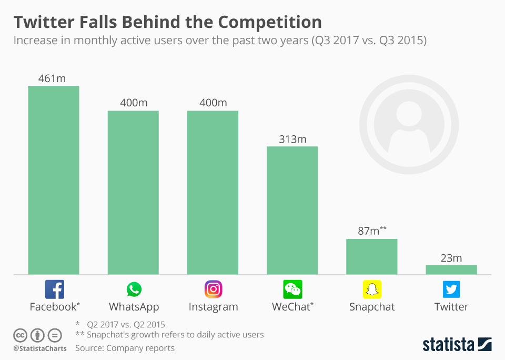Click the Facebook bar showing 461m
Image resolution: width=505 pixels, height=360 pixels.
pyautogui.click(x=54, y=180)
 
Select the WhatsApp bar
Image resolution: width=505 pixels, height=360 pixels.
pyautogui.click(x=133, y=193)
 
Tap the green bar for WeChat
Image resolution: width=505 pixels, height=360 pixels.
pyautogui.click(x=292, y=211)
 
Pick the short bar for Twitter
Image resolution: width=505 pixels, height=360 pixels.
pyautogui.click(x=451, y=269)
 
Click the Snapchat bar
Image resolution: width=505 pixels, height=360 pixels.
pyautogui.click(x=371, y=257)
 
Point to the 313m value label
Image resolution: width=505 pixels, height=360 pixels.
pyautogui.click(x=292, y=139)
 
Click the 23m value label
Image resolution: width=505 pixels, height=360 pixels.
pyautogui.click(x=451, y=258)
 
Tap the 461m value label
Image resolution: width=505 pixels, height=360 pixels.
pyautogui.click(x=53, y=78)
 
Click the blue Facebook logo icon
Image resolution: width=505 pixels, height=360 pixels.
pyautogui.click(x=54, y=289)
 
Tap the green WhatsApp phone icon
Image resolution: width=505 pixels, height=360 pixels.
pyautogui.click(x=134, y=289)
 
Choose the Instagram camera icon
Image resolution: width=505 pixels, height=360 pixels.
pyautogui.click(x=213, y=289)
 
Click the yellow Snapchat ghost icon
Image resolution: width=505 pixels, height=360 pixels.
pyautogui.click(x=372, y=289)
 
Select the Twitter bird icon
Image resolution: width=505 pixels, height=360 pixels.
pyautogui.click(x=451, y=289)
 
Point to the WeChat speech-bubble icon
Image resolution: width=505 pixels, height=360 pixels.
pyautogui.click(x=292, y=289)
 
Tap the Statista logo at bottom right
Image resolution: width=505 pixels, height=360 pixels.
pyautogui.click(x=457, y=345)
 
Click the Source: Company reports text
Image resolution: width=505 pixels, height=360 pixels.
pyautogui.click(x=125, y=348)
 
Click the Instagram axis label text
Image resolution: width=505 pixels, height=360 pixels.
pyautogui.click(x=213, y=307)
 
